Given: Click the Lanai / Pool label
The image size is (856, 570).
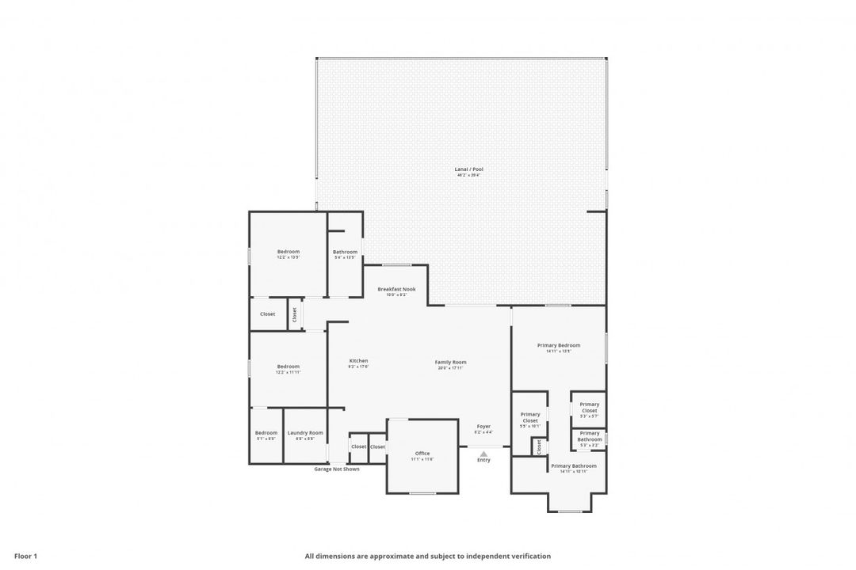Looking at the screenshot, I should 468,169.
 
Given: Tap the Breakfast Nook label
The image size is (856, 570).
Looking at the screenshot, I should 396,289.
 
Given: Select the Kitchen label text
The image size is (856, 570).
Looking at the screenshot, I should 358,361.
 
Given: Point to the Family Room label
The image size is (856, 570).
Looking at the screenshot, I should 450,362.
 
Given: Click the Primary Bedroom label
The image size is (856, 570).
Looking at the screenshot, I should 558,345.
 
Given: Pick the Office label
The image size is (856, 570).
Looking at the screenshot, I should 422,454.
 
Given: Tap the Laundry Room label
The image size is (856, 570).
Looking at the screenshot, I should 305,432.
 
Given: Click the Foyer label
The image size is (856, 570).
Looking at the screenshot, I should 483,426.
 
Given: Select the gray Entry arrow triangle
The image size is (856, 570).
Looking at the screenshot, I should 483,454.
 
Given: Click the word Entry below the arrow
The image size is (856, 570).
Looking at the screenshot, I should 483,460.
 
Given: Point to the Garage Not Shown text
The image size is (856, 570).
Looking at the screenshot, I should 337,469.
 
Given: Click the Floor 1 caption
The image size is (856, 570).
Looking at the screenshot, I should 25,556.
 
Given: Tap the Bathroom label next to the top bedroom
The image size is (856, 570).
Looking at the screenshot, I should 345,252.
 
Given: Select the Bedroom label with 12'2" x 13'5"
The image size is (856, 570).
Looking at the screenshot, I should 289,252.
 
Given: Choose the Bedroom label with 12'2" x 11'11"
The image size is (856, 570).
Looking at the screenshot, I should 289,367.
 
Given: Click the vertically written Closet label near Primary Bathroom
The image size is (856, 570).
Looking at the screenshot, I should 538,446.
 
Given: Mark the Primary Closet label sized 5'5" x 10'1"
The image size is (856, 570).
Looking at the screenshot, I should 530,417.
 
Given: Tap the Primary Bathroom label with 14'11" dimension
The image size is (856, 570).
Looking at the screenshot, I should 573,466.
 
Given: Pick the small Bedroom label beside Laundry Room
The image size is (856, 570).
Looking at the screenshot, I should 266,432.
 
